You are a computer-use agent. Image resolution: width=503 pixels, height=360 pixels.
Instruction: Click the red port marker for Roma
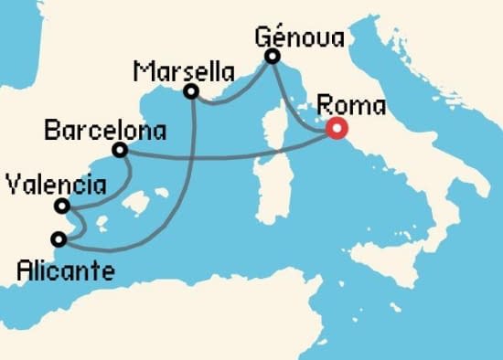[x=335, y=130]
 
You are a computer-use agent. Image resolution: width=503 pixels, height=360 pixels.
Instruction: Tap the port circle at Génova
[x=272, y=58]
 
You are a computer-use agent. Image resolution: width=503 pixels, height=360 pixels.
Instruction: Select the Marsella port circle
[x=191, y=91]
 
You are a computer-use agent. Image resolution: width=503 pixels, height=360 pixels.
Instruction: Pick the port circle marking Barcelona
[x=120, y=150]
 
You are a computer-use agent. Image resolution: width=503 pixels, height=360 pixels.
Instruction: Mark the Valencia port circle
[x=60, y=206]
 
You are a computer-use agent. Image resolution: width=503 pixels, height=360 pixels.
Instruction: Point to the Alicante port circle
[x=59, y=240]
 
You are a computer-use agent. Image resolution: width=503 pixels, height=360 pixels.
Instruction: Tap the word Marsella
[x=184, y=70]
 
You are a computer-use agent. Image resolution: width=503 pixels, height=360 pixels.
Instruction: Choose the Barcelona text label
[x=105, y=132]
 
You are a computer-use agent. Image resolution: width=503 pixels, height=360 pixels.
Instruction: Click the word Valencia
[x=54, y=185]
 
